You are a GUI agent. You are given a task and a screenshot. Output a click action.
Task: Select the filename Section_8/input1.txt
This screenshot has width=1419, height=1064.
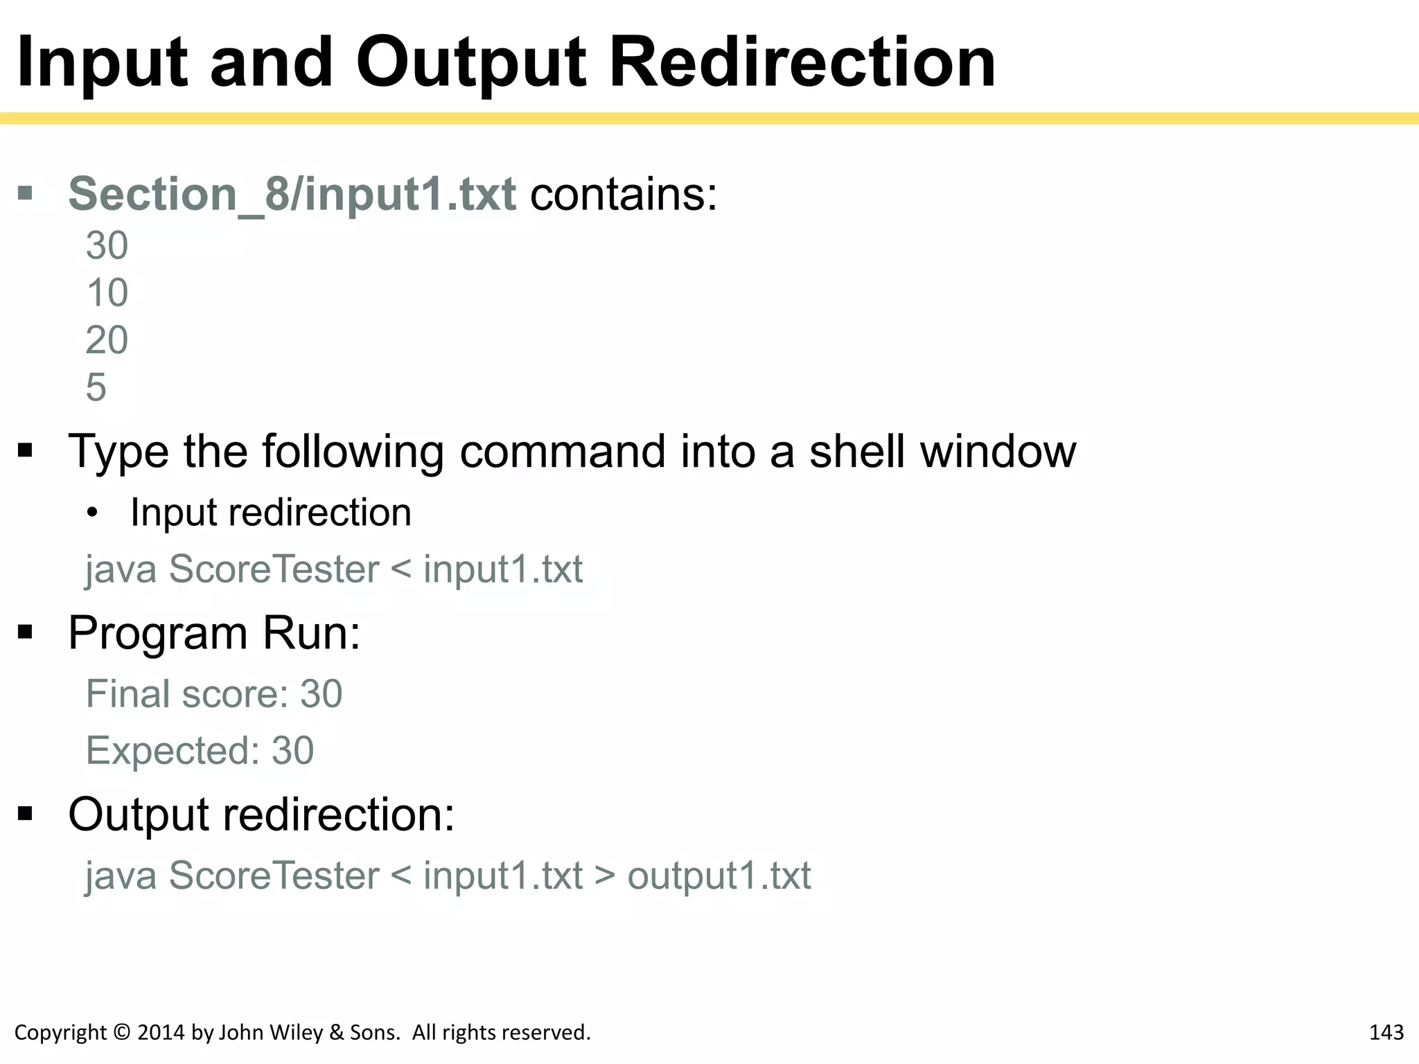[292, 194]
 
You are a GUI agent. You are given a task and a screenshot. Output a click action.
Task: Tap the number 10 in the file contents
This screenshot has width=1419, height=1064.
[107, 292]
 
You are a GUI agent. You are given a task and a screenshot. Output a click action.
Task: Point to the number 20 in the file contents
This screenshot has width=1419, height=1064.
[107, 340]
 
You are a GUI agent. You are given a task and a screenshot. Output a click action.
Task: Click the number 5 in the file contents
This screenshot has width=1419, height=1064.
[96, 387]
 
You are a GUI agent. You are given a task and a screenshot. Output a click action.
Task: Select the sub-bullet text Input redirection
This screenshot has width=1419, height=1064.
[271, 513]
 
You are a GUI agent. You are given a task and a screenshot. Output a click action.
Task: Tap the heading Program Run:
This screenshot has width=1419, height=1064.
[214, 633]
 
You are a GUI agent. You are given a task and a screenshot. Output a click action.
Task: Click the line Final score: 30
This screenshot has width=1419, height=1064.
[214, 694]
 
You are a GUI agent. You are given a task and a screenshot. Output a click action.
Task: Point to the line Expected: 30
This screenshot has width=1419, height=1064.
[200, 751]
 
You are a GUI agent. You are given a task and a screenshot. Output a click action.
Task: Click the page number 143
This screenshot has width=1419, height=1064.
[1386, 1033]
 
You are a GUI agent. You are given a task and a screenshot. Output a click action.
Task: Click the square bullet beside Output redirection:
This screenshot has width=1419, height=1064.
[26, 813]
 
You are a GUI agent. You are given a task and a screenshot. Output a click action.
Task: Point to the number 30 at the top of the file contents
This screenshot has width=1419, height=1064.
[107, 245]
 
